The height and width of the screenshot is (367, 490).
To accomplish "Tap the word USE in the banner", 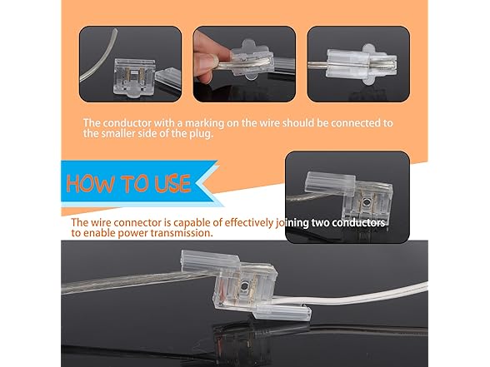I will (x=170, y=182).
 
